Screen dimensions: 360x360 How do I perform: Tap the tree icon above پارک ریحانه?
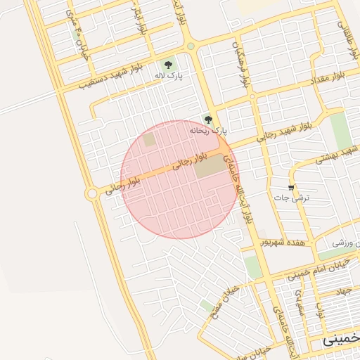(207, 119)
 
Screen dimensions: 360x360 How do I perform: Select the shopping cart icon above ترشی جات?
(291, 188)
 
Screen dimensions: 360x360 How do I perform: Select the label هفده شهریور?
(283, 241)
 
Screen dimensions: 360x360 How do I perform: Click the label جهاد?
(342, 290)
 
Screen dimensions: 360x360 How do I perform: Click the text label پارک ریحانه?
(209, 130)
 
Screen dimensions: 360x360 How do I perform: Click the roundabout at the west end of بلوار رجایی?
(91, 193)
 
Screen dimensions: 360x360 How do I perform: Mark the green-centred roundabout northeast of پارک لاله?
(191, 46)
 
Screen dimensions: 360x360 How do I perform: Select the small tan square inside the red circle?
(149, 140)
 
